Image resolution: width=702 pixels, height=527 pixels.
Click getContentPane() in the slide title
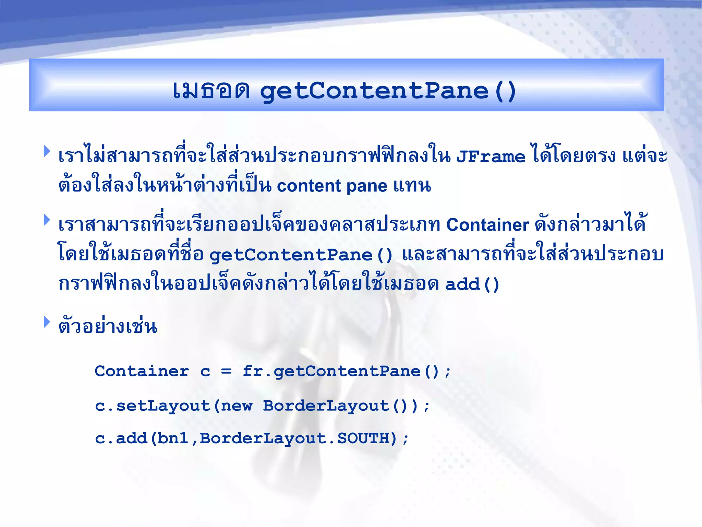pos(388,91)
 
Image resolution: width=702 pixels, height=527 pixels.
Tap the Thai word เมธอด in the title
pos(211,91)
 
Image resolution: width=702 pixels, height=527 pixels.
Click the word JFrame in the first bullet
pos(491,157)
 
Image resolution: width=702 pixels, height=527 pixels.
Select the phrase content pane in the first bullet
pos(332,186)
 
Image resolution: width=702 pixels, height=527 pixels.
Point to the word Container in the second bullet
pos(487,225)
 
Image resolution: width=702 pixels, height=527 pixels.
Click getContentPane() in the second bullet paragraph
pos(301,255)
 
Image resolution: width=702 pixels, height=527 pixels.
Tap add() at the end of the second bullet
pos(472,284)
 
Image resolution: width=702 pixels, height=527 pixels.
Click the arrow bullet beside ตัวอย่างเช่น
pos(47,322)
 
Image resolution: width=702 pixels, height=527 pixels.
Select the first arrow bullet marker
pos(47,151)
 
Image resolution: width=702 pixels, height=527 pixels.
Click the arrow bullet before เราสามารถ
pos(47,220)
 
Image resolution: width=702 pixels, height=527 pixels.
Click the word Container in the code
pos(142,371)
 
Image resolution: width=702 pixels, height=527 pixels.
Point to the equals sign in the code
pos(226,371)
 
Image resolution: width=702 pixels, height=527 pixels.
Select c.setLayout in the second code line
pos(153,406)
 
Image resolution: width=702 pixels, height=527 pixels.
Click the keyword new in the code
pos(237,406)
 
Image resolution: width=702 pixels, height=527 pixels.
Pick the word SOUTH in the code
pos(363,438)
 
